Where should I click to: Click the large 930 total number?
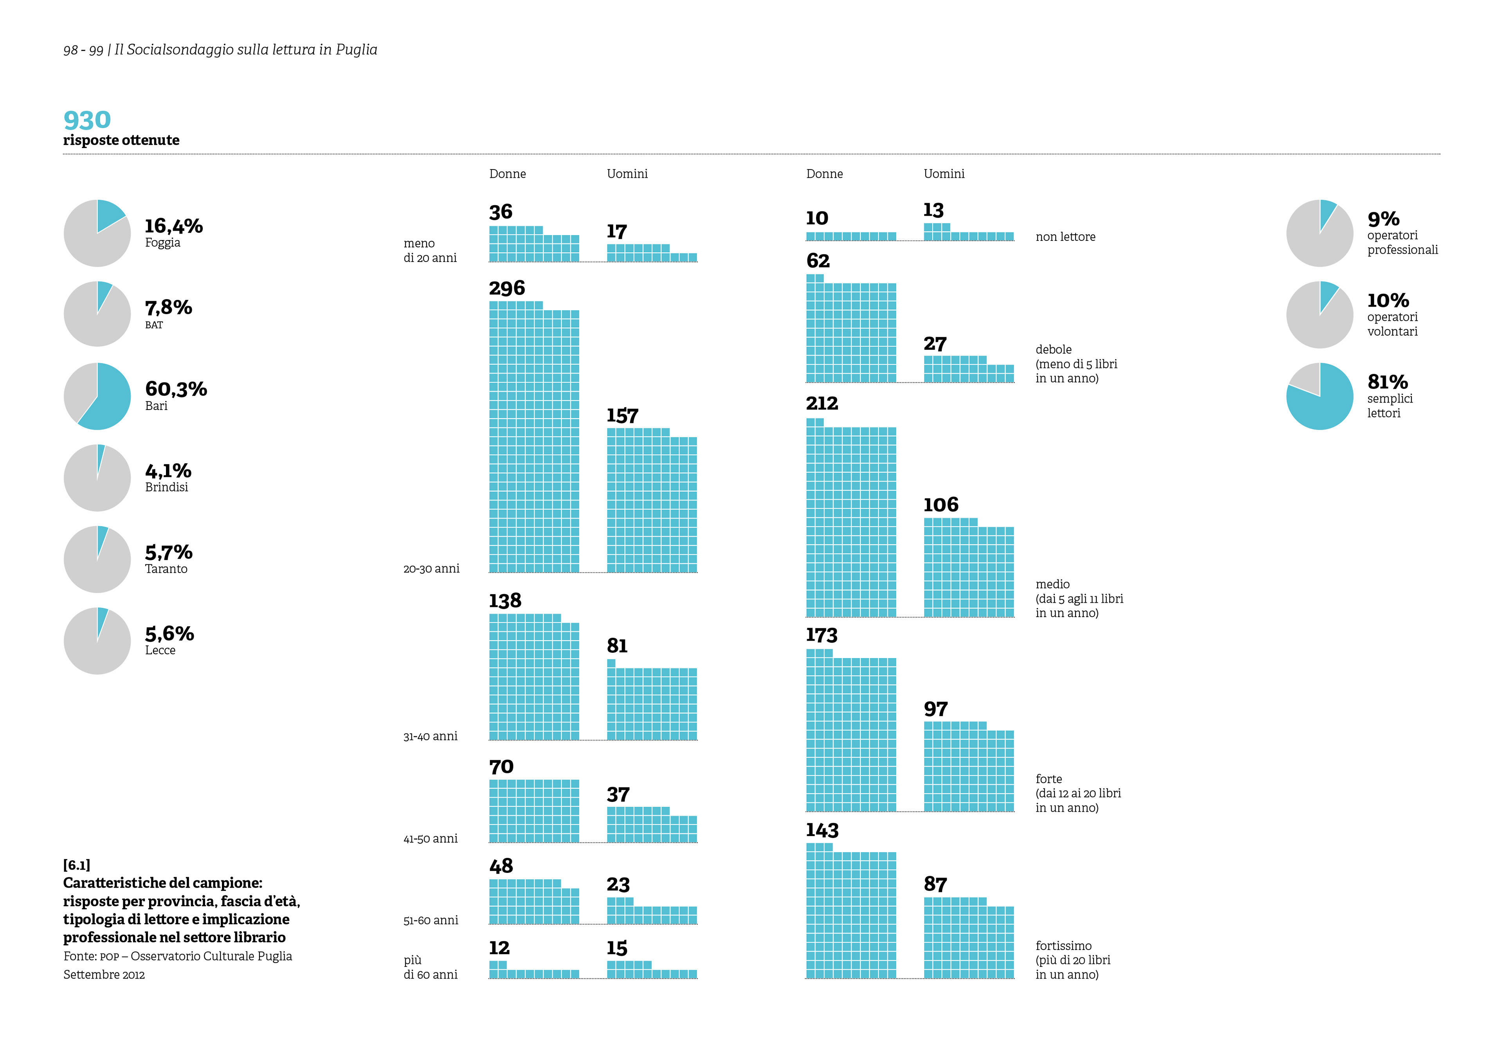click(87, 120)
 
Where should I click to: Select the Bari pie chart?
click(97, 396)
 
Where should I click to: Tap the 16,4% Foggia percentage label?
click(173, 226)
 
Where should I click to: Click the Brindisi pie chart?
click(97, 478)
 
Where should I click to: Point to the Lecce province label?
click(160, 650)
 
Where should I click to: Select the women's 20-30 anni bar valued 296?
click(534, 437)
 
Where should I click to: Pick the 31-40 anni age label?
click(430, 737)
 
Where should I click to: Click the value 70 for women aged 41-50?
click(501, 767)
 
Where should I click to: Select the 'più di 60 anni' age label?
click(430, 968)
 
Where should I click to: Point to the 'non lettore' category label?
click(1065, 237)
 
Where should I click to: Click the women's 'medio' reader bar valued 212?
click(851, 518)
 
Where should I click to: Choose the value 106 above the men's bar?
click(941, 505)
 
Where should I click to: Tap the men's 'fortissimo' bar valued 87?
click(968, 938)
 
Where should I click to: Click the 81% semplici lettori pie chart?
click(1319, 396)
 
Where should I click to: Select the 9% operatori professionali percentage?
click(1383, 219)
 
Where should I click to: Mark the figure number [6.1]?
click(76, 865)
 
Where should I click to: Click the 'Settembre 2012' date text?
click(104, 975)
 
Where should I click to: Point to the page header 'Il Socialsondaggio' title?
click(245, 50)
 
